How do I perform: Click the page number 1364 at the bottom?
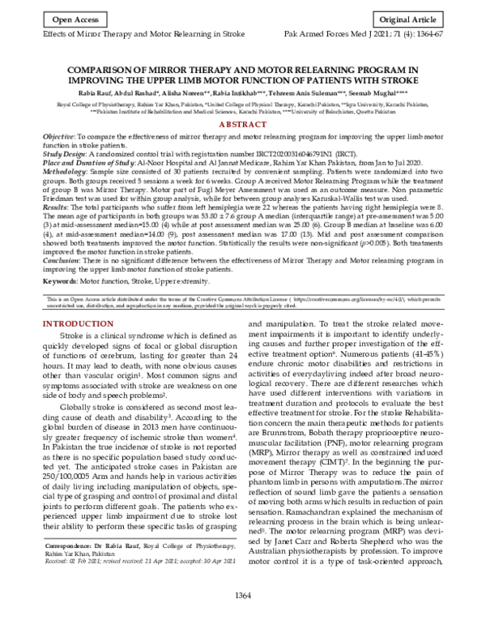(244, 618)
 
